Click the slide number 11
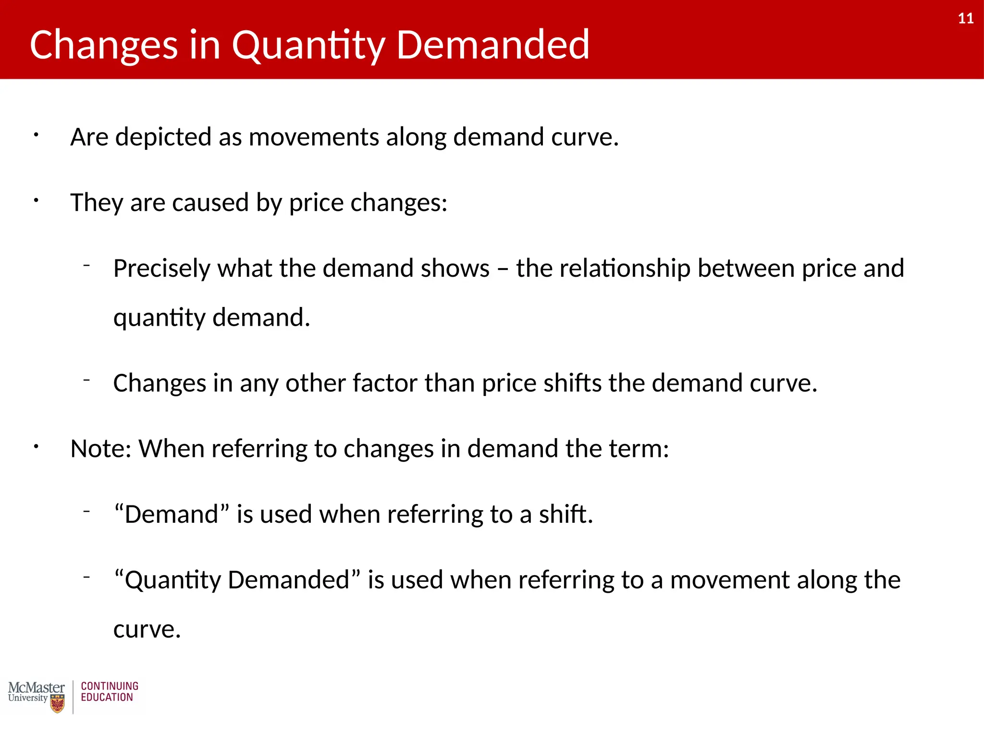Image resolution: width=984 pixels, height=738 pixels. [x=966, y=19]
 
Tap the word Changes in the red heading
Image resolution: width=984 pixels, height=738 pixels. [x=104, y=45]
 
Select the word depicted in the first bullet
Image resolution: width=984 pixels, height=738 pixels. [x=163, y=137]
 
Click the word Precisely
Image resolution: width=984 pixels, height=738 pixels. [x=161, y=268]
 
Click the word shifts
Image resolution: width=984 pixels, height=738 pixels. [x=572, y=383]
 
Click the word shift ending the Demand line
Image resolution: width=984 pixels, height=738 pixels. [x=565, y=515]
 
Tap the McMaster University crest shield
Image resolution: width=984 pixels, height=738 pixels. [x=58, y=704]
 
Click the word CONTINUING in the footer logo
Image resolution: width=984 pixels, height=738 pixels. [x=110, y=686]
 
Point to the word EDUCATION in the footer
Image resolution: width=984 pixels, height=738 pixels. [x=107, y=698]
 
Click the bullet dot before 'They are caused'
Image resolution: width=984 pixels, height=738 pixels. [x=36, y=201]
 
